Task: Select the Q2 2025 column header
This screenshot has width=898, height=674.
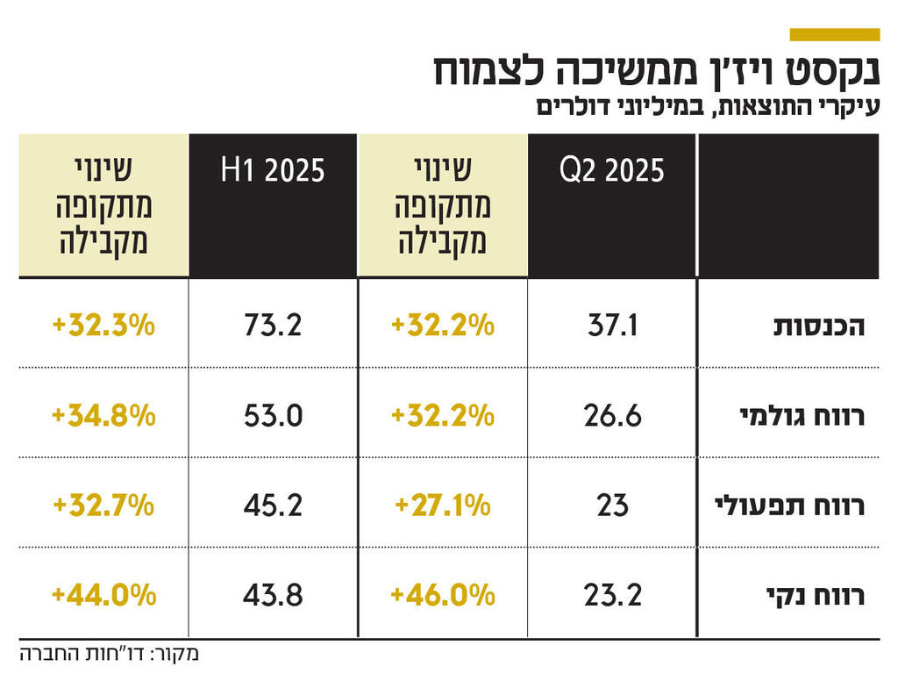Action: pyautogui.click(x=611, y=170)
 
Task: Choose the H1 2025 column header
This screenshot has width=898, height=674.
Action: pyautogui.click(x=273, y=170)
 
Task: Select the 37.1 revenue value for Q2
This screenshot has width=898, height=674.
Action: pyautogui.click(x=612, y=326)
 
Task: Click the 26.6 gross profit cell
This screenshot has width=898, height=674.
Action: pyautogui.click(x=612, y=416)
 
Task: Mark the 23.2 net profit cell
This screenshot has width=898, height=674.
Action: pyautogui.click(x=612, y=596)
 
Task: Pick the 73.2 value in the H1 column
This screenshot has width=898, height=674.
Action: pyautogui.click(x=273, y=326)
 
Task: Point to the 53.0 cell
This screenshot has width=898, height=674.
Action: pyautogui.click(x=273, y=416)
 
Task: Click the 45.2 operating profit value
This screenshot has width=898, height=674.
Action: pyautogui.click(x=273, y=505)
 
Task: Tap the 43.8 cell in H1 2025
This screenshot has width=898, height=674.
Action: pyautogui.click(x=273, y=596)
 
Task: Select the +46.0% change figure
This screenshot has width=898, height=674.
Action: pyautogui.click(x=442, y=596)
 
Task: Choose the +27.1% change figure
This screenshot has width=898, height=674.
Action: pyautogui.click(x=442, y=505)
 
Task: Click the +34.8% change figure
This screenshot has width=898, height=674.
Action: pyautogui.click(x=103, y=416)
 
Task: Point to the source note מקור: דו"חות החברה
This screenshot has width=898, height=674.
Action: pyautogui.click(x=109, y=654)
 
